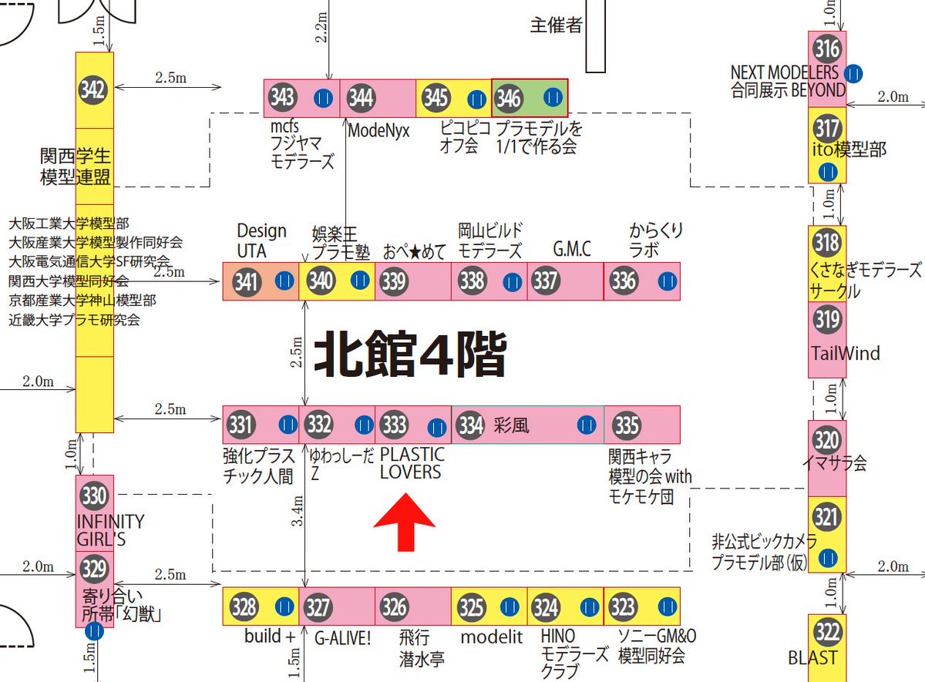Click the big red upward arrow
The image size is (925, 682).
405,522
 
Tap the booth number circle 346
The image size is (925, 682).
508,99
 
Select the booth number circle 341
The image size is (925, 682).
247,282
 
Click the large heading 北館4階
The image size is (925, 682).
410,354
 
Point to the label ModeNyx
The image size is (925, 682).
378,131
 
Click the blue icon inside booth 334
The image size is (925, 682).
587,425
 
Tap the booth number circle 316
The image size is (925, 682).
827,49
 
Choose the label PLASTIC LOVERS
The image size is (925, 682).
412,464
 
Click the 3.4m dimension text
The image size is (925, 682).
298,511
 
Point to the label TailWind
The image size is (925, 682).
845,354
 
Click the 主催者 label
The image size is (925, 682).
557,25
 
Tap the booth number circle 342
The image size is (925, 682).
93,90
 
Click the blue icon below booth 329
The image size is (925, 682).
95,631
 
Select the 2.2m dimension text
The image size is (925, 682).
321,27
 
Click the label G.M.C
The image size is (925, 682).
572,249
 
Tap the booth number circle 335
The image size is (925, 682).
627,425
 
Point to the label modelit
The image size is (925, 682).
492,637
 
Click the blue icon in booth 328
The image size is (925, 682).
284,607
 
